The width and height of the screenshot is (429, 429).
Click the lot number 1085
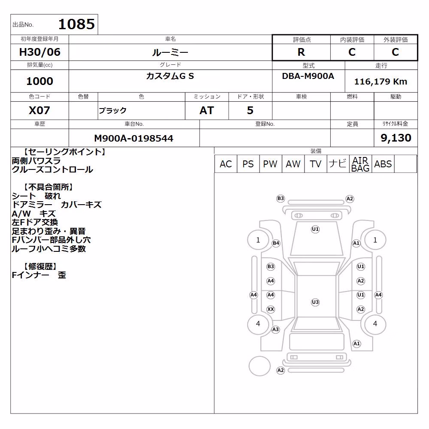[76, 24]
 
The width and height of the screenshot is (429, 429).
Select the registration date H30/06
[39, 52]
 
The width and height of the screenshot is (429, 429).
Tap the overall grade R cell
[301, 52]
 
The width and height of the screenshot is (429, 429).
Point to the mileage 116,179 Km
[381, 81]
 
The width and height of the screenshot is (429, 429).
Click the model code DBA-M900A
[308, 76]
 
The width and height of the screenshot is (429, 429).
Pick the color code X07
[39, 110]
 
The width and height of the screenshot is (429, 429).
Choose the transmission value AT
[207, 110]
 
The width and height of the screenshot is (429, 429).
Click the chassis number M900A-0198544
[133, 138]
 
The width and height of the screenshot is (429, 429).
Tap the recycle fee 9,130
[396, 138]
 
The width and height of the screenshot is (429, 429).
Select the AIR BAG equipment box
[360, 164]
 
